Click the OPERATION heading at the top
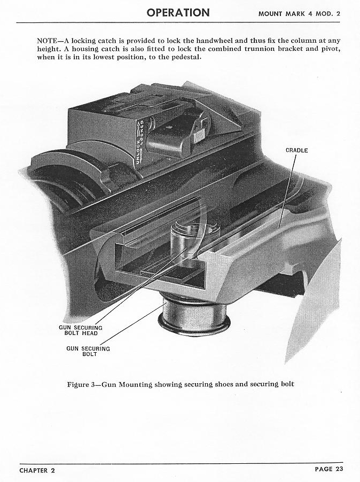click(178, 13)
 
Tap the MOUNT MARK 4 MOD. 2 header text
click(299, 14)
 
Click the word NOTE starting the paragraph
click(46, 41)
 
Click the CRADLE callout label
click(296, 150)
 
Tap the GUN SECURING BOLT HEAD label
click(81, 330)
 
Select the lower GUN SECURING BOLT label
click(88, 352)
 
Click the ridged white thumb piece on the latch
click(199, 135)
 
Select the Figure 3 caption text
click(181, 384)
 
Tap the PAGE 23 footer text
click(328, 469)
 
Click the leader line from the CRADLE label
click(287, 191)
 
